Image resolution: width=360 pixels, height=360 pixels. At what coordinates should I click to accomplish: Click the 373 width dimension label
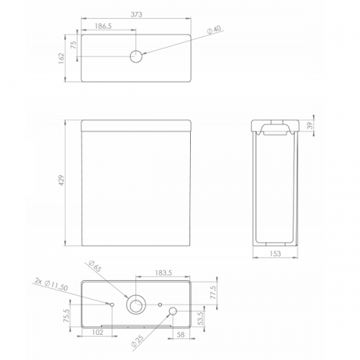point(136,14)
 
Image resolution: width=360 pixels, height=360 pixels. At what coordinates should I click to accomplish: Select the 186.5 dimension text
point(104,26)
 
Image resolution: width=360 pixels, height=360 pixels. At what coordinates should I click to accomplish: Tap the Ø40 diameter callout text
point(214,30)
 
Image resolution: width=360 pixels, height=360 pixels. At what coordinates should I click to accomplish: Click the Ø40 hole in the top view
point(136,57)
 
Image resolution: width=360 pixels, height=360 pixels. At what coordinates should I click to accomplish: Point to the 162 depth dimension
point(61,58)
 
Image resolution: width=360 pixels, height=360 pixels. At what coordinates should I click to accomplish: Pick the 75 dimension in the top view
point(73,45)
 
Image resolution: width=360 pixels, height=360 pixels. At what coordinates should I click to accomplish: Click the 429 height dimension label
point(61,180)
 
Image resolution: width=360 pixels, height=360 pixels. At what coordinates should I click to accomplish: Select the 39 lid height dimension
point(310,125)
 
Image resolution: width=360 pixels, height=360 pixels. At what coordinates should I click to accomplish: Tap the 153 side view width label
point(275,253)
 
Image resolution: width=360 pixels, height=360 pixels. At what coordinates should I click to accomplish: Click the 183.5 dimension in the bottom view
point(163,273)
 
